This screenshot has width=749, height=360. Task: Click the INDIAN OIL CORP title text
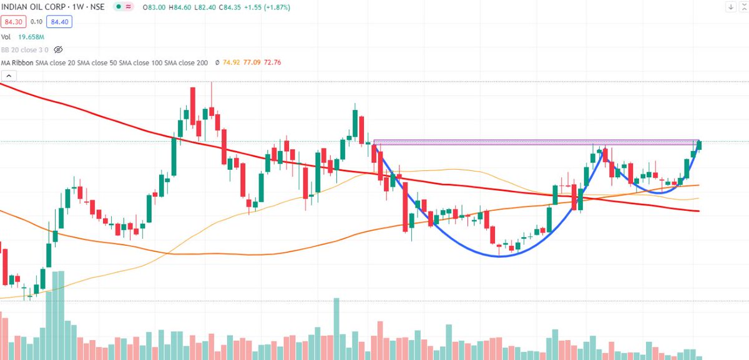point(32,7)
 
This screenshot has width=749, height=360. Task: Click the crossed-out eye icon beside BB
point(59,49)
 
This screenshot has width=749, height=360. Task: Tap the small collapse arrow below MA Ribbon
point(7,76)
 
